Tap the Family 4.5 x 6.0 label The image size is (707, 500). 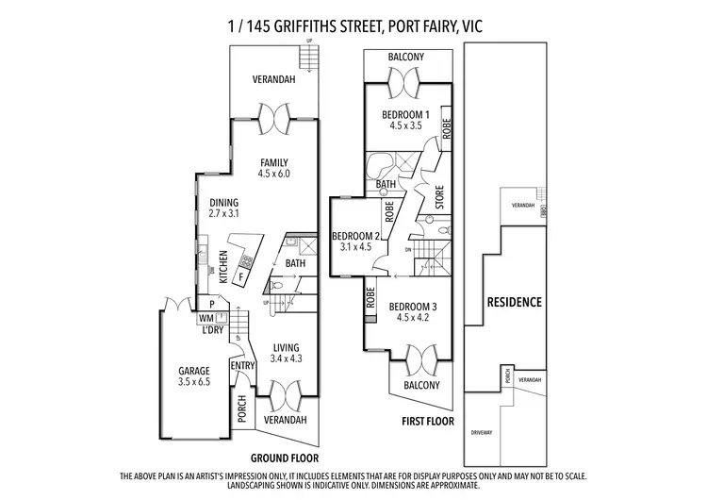click(272, 168)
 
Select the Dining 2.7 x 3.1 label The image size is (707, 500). click(223, 208)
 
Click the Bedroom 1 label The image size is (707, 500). click(405, 120)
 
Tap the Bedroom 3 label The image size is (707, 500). click(411, 310)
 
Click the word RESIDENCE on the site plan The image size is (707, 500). click(514, 303)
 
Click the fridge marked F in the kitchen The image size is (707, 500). click(243, 277)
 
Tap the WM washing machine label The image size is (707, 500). click(207, 317)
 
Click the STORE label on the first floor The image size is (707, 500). click(438, 199)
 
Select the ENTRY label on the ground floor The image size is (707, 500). click(242, 366)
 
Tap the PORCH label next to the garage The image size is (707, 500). click(242, 408)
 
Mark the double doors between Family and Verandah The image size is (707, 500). click(272, 116)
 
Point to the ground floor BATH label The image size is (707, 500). click(296, 264)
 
